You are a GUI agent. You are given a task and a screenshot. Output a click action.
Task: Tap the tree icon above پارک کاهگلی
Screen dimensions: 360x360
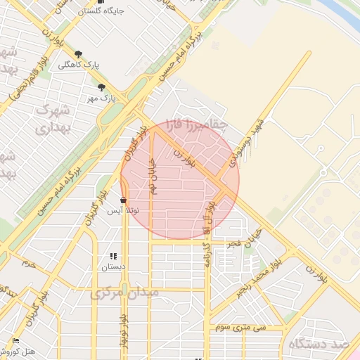point(77,54)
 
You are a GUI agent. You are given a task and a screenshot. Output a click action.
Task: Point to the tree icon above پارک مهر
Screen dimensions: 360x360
point(103,88)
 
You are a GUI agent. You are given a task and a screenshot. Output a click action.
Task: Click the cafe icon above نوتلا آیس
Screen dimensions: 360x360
point(124,200)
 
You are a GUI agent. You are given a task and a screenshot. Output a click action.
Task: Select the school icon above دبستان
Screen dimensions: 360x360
point(112,257)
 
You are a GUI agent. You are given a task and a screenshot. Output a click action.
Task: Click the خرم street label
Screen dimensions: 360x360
point(28,265)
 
